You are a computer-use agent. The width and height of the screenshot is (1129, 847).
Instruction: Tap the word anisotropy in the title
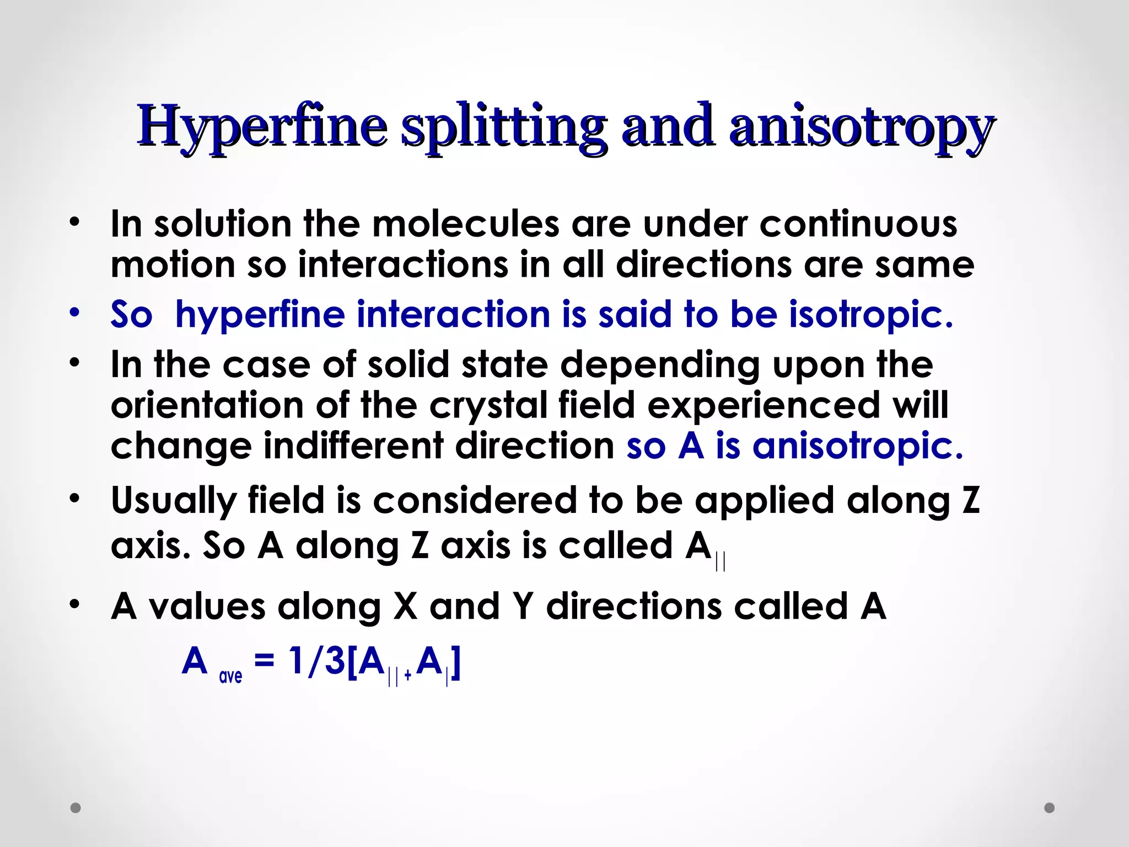click(862, 126)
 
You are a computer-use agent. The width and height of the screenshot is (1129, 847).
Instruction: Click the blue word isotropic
click(870, 314)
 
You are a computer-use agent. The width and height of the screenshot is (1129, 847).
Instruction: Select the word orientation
click(207, 405)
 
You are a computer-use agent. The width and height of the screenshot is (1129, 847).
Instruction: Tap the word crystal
click(487, 406)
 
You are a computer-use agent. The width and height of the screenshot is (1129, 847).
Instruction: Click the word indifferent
click(353, 446)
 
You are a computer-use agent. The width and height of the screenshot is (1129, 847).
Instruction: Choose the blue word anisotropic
click(857, 446)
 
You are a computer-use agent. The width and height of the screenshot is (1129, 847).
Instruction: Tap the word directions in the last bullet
click(634, 607)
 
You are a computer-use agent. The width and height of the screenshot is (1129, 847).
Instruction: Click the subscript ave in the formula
click(230, 676)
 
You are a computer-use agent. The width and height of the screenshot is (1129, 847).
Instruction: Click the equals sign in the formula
click(265, 661)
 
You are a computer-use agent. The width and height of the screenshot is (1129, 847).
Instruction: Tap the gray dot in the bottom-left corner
click(76, 808)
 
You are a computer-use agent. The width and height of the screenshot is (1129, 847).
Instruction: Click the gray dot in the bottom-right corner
click(1050, 808)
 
